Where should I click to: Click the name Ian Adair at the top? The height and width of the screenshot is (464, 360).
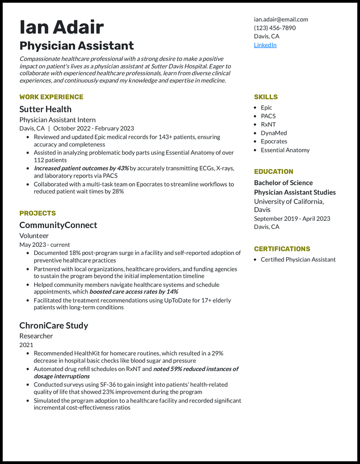point(62,27)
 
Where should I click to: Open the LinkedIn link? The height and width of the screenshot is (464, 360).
point(265,45)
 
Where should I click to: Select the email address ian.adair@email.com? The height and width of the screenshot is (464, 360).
point(281,19)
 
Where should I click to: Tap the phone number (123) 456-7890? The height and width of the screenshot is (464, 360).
point(274,28)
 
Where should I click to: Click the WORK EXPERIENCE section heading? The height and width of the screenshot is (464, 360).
point(51,97)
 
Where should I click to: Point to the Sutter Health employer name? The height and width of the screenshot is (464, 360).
point(45,109)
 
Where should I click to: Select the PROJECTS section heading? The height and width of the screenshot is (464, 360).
point(37,213)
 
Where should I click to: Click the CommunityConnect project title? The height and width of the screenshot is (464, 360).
point(58,225)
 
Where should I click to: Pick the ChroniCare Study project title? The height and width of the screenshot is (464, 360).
point(54,326)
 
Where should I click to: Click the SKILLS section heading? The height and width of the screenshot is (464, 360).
point(265,97)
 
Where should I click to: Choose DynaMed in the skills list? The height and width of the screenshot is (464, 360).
point(274,133)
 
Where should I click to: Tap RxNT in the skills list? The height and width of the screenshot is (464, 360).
point(268,125)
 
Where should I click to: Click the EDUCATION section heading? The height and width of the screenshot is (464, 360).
point(273,171)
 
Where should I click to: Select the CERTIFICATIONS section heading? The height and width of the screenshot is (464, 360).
point(282,249)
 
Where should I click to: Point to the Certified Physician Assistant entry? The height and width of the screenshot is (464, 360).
point(298,259)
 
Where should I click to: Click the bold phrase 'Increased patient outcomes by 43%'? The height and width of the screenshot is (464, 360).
point(81,168)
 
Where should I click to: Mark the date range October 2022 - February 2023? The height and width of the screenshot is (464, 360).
point(93,128)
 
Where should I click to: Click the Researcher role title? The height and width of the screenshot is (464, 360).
point(36,336)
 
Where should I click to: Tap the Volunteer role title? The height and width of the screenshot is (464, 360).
point(34,236)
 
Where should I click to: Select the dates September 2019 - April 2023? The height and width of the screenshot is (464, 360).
point(292,219)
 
